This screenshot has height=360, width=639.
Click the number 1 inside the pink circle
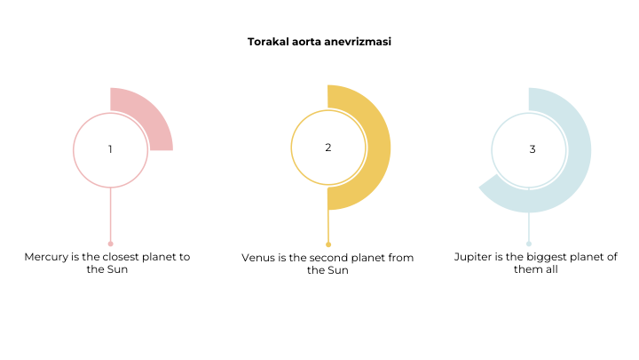(110, 149)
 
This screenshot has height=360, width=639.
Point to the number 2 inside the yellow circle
(328, 148)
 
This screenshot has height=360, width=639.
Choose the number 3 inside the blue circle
(532, 149)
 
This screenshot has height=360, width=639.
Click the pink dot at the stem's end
(110, 244)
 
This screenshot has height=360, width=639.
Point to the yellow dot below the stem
(328, 244)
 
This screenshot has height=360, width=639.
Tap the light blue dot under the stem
(529, 244)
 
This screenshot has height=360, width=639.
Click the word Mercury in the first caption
(46, 257)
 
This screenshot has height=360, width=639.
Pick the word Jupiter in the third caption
(473, 257)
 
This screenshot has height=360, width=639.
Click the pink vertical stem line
(110, 214)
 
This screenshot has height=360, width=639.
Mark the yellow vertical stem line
(328, 226)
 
